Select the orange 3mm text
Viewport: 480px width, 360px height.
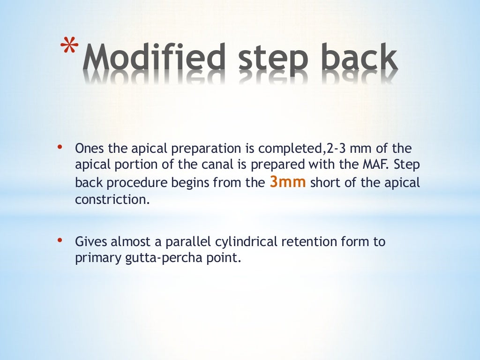(x=288, y=182)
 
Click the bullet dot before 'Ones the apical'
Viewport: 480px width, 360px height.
(x=60, y=148)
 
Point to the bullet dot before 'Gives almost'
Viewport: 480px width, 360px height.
(x=60, y=240)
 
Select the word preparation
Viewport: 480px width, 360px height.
(x=197, y=149)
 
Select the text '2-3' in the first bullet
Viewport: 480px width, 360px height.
(x=335, y=149)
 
